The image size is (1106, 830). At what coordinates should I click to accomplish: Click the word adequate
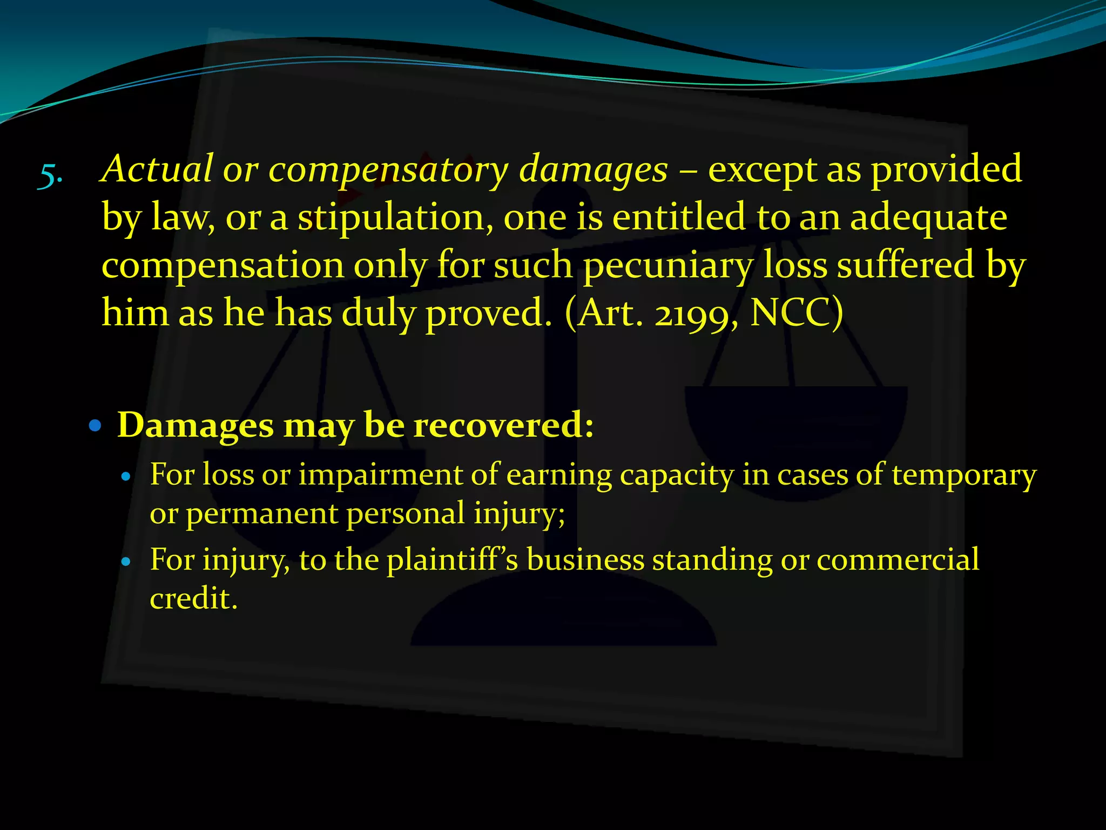[928, 218]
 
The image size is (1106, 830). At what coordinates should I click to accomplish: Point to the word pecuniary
[668, 266]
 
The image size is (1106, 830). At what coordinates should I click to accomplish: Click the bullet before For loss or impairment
[126, 477]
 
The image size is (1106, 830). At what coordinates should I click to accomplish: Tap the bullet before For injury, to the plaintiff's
[126, 562]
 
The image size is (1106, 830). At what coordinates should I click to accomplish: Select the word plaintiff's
[453, 560]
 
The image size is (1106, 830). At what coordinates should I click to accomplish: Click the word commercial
[898, 560]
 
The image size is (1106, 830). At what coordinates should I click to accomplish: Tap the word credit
[193, 599]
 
